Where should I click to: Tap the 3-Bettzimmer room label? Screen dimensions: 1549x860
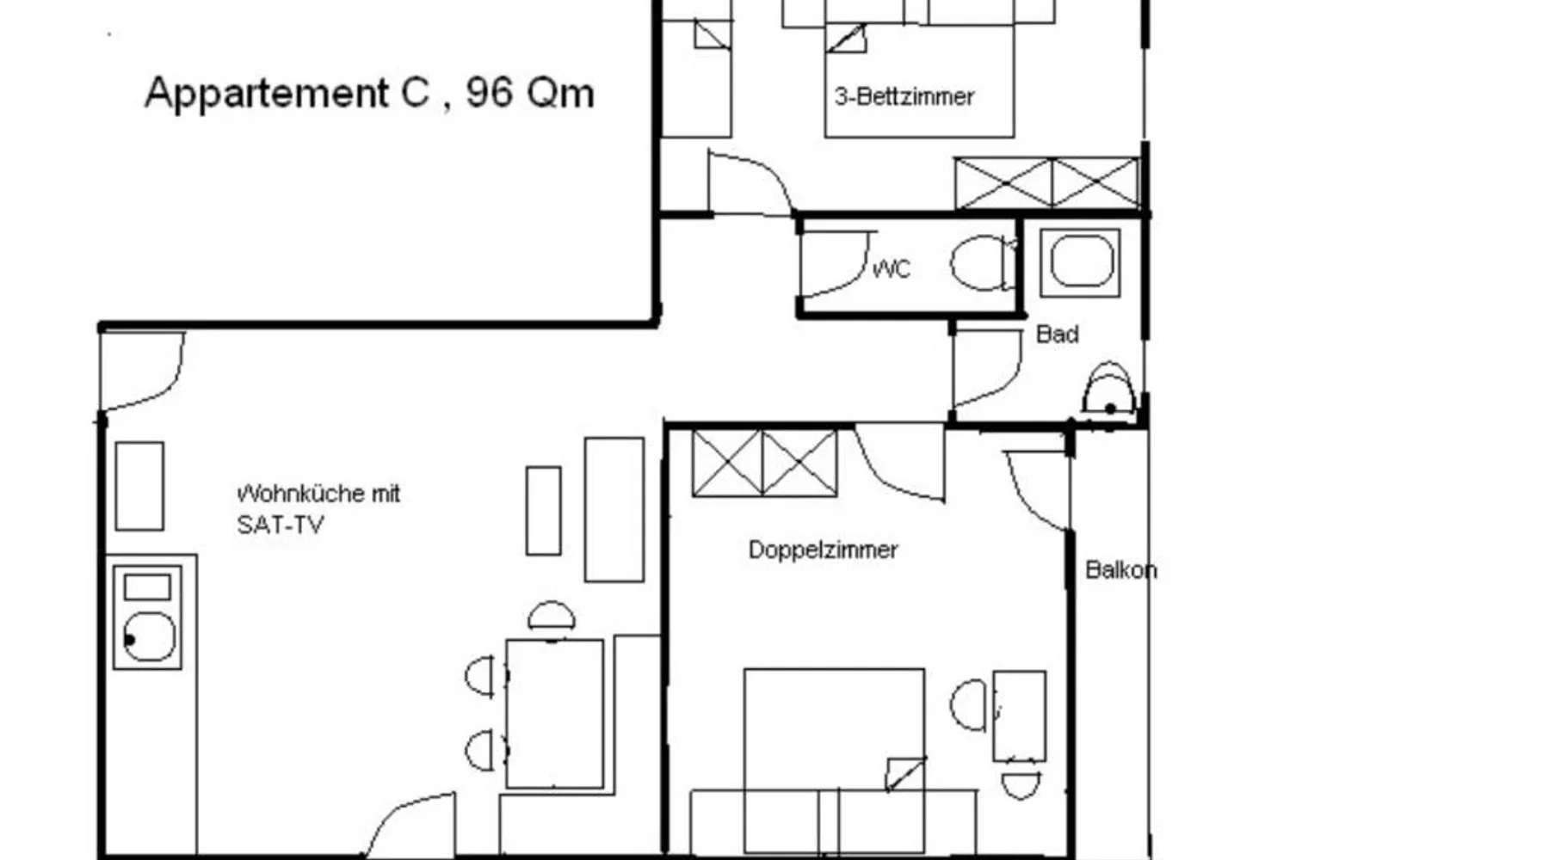pyautogui.click(x=904, y=96)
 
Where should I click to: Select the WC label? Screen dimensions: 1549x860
pyautogui.click(x=892, y=269)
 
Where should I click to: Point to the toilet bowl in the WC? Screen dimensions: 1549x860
pyautogui.click(x=981, y=262)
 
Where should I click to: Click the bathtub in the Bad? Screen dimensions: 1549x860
pyautogui.click(x=1081, y=262)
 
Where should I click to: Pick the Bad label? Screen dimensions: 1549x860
pyautogui.click(x=1057, y=334)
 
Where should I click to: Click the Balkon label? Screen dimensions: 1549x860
pyautogui.click(x=1120, y=569)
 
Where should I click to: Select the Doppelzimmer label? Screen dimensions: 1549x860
pyautogui.click(x=823, y=550)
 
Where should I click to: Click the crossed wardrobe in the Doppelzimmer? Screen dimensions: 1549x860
pyautogui.click(x=764, y=464)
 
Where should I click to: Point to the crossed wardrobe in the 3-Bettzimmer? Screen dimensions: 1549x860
pyautogui.click(x=1047, y=182)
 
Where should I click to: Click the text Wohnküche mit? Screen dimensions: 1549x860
pyautogui.click(x=318, y=494)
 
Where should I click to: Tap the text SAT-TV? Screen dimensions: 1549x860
pyautogui.click(x=280, y=525)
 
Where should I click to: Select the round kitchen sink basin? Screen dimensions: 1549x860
pyautogui.click(x=149, y=636)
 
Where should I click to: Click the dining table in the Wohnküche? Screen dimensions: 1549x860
pyautogui.click(x=554, y=713)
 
